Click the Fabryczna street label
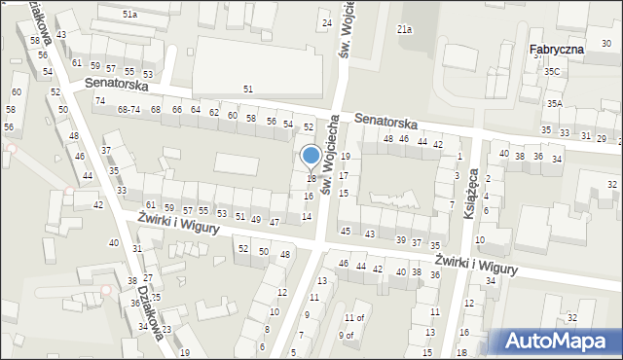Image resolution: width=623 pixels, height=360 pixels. [x=557, y=49]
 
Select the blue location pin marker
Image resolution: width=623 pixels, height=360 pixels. [x=311, y=157]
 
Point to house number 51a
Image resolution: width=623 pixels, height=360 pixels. [x=129, y=15]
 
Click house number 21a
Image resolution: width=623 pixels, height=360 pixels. [x=404, y=30]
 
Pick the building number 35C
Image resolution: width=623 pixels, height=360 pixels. [x=553, y=72]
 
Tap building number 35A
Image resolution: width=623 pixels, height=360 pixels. [x=555, y=103]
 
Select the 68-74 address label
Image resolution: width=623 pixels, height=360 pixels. [x=128, y=110]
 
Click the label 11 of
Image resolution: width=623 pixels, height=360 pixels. [x=355, y=317]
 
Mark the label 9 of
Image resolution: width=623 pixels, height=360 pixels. [x=347, y=336]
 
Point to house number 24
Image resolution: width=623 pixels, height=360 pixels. [x=327, y=22]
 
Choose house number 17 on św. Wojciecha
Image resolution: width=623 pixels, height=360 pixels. [x=344, y=174]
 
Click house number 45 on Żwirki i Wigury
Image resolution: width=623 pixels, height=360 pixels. [x=346, y=231]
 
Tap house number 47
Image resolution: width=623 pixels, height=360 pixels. [x=275, y=223]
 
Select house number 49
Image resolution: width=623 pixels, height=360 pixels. [x=257, y=220]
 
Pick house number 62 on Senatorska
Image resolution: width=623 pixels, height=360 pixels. [x=213, y=113]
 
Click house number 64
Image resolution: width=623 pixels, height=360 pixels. [x=196, y=110]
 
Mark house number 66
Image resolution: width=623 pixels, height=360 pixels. [x=176, y=110]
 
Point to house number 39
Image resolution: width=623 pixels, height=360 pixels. [x=400, y=239]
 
